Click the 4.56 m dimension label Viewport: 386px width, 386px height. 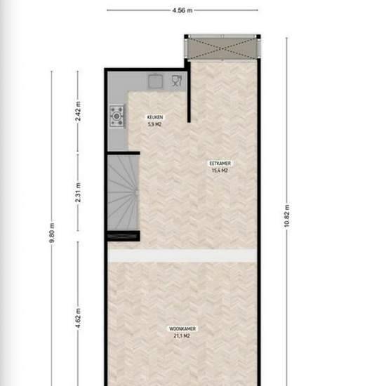click(x=182, y=11)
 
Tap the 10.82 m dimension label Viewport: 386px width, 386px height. click(x=287, y=215)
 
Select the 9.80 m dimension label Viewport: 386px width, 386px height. click(x=52, y=232)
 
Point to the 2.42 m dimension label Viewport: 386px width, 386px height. click(x=78, y=111)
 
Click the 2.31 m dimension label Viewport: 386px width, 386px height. click(x=78, y=192)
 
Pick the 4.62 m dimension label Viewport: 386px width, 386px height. click(x=78, y=318)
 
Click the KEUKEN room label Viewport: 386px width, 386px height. click(x=155, y=117)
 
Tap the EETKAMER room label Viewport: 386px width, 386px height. click(x=220, y=164)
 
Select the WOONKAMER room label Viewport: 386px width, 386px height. click(x=182, y=328)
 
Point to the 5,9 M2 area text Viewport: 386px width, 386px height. click(x=154, y=124)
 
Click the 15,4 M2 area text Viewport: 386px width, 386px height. click(x=220, y=171)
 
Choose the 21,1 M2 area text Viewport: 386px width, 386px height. click(x=182, y=335)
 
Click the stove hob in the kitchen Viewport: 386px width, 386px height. click(x=117, y=117)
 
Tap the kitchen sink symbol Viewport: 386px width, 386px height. click(x=155, y=81)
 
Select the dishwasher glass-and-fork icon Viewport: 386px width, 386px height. click(x=176, y=81)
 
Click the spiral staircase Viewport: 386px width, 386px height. click(x=123, y=192)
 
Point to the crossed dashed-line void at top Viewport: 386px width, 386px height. click(x=222, y=48)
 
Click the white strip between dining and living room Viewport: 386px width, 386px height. click(x=182, y=255)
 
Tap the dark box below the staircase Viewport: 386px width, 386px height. click(x=124, y=236)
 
